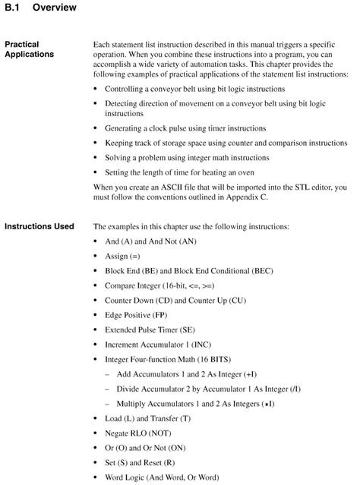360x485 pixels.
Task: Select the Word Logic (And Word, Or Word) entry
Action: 162,477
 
